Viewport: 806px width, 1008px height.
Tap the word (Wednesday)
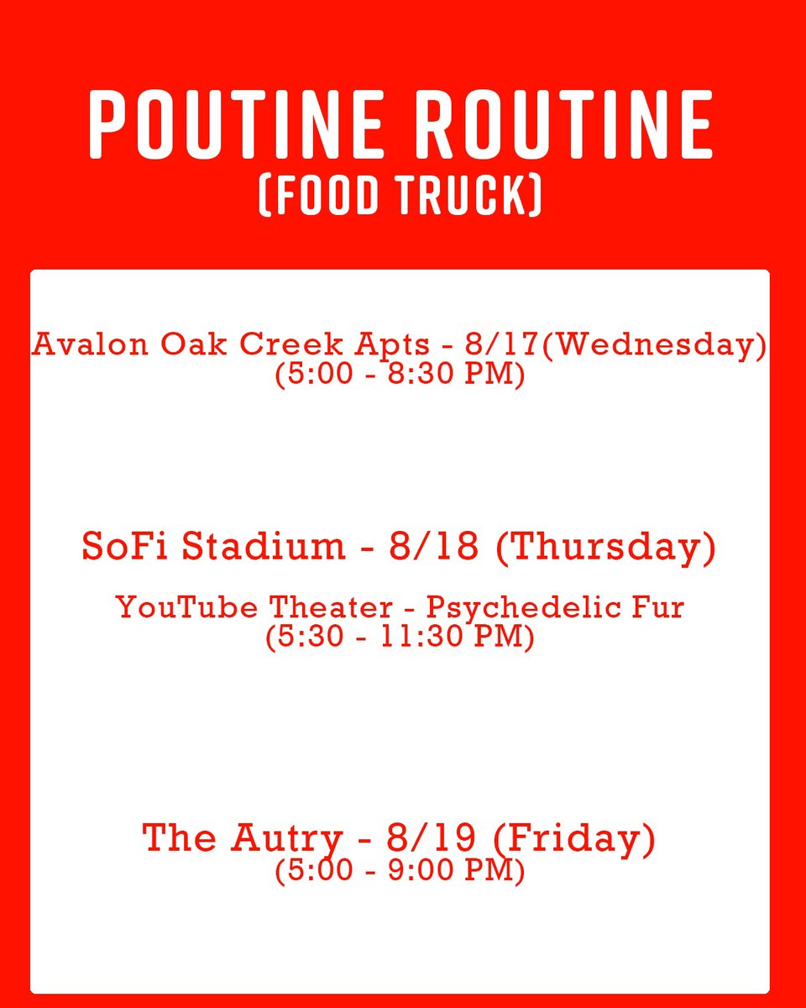pos(654,345)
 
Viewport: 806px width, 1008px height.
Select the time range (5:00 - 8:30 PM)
pos(400,373)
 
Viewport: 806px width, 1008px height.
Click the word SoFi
pos(127,547)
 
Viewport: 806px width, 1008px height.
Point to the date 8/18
pos(434,547)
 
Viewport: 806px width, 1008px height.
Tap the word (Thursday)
pos(605,547)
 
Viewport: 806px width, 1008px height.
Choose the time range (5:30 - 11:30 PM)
pos(400,637)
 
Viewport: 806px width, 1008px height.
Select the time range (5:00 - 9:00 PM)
pos(400,870)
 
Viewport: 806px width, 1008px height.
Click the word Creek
pos(284,345)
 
